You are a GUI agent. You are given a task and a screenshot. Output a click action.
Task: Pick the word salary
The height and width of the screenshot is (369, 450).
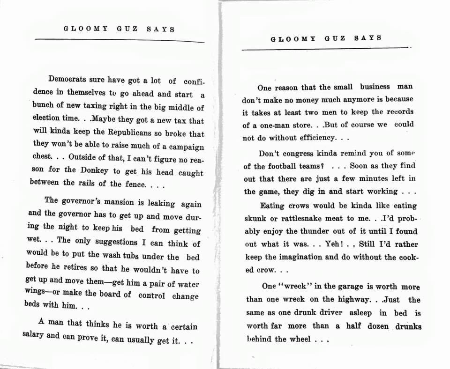tap(34, 335)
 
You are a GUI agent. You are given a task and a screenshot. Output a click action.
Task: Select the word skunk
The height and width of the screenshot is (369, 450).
tap(255, 219)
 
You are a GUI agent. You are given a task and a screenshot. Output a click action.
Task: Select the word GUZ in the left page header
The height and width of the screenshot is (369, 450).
tap(127, 29)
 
